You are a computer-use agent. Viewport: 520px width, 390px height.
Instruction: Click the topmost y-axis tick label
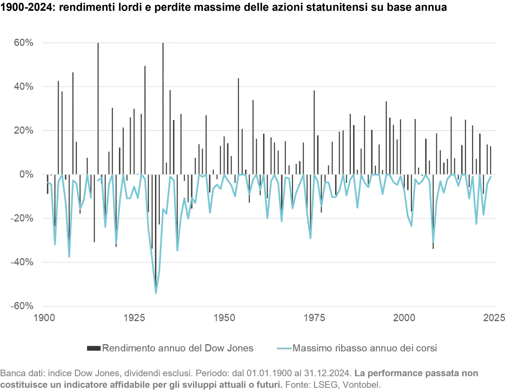click(x=24, y=42)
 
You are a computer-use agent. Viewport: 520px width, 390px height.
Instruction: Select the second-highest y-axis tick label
click(x=24, y=86)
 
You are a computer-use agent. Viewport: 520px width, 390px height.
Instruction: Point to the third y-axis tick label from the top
click(x=24, y=130)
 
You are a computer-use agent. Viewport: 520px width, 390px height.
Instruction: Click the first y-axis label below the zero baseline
click(x=23, y=218)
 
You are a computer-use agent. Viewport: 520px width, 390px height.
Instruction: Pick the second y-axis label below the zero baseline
click(x=23, y=262)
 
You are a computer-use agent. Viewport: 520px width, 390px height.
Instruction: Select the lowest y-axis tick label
click(x=23, y=306)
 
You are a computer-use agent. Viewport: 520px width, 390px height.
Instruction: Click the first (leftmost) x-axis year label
click(x=44, y=318)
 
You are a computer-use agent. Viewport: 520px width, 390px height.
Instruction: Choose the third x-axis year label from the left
click(x=225, y=318)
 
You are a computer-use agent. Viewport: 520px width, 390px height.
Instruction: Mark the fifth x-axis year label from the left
click(x=404, y=318)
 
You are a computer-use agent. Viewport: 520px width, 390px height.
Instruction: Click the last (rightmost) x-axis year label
click(x=495, y=318)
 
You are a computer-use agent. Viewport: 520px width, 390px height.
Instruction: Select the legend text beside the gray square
click(x=179, y=347)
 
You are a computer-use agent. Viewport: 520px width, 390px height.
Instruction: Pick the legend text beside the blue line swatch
click(x=364, y=347)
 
